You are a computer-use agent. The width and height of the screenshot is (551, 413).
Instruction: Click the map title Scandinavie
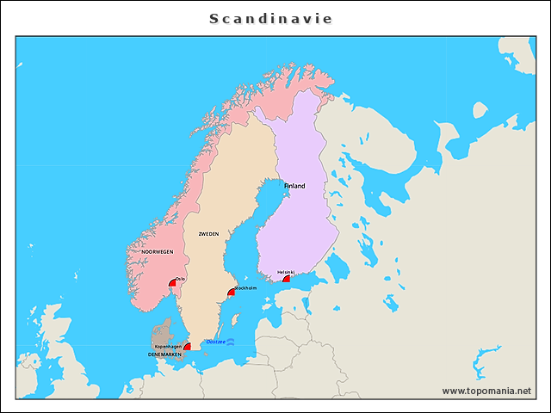point(271,18)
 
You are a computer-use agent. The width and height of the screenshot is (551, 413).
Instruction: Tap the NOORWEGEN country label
point(158,252)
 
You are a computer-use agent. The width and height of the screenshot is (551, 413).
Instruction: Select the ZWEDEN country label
point(208,234)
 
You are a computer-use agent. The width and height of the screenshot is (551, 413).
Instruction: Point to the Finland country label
point(294,186)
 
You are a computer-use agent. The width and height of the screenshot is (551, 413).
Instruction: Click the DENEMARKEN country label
point(164,354)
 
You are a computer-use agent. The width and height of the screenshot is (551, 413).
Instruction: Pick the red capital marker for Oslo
point(173,283)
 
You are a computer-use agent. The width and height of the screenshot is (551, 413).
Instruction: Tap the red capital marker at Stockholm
point(230,293)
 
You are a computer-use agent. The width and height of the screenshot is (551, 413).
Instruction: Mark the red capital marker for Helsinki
point(287,279)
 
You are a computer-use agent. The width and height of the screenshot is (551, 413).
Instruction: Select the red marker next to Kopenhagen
point(187,346)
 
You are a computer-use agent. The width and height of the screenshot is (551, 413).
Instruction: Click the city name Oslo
point(180,278)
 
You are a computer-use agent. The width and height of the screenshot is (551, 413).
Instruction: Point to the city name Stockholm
point(245,288)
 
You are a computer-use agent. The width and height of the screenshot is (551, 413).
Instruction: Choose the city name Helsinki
point(286,272)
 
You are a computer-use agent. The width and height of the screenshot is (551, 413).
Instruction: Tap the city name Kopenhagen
point(168,346)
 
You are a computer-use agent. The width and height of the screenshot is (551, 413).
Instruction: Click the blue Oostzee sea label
point(215,342)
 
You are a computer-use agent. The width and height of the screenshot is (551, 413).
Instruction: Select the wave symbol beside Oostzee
point(230,342)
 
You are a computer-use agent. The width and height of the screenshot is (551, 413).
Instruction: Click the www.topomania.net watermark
point(486,391)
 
